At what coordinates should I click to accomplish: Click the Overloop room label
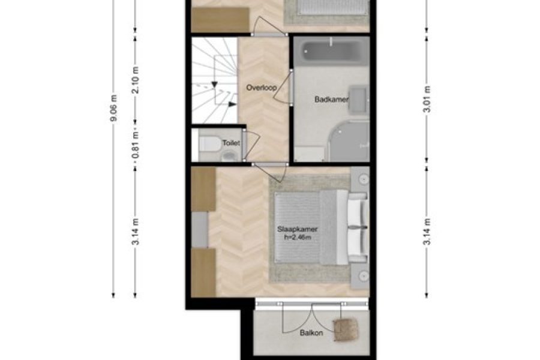tap(262, 88)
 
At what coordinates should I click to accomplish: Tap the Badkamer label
tap(332, 100)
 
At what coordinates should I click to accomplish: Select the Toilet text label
tap(231, 143)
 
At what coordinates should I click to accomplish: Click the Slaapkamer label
tap(297, 229)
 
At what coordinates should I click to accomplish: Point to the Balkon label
tap(311, 333)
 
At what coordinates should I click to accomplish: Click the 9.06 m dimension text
tap(114, 107)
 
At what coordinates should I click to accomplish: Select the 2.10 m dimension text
tap(136, 80)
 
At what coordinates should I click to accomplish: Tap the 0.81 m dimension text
tap(136, 145)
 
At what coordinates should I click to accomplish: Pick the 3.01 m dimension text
tap(427, 99)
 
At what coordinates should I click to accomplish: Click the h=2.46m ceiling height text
tap(298, 237)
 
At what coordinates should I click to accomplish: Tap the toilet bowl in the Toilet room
tap(210, 144)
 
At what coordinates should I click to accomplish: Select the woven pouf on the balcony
tap(346, 329)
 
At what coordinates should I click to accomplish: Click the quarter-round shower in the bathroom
tap(349, 141)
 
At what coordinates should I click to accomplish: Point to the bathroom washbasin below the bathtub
tap(359, 100)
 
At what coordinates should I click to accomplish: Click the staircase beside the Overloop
tap(215, 80)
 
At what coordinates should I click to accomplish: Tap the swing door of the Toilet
tap(251, 145)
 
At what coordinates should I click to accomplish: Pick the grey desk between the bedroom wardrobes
tap(200, 230)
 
